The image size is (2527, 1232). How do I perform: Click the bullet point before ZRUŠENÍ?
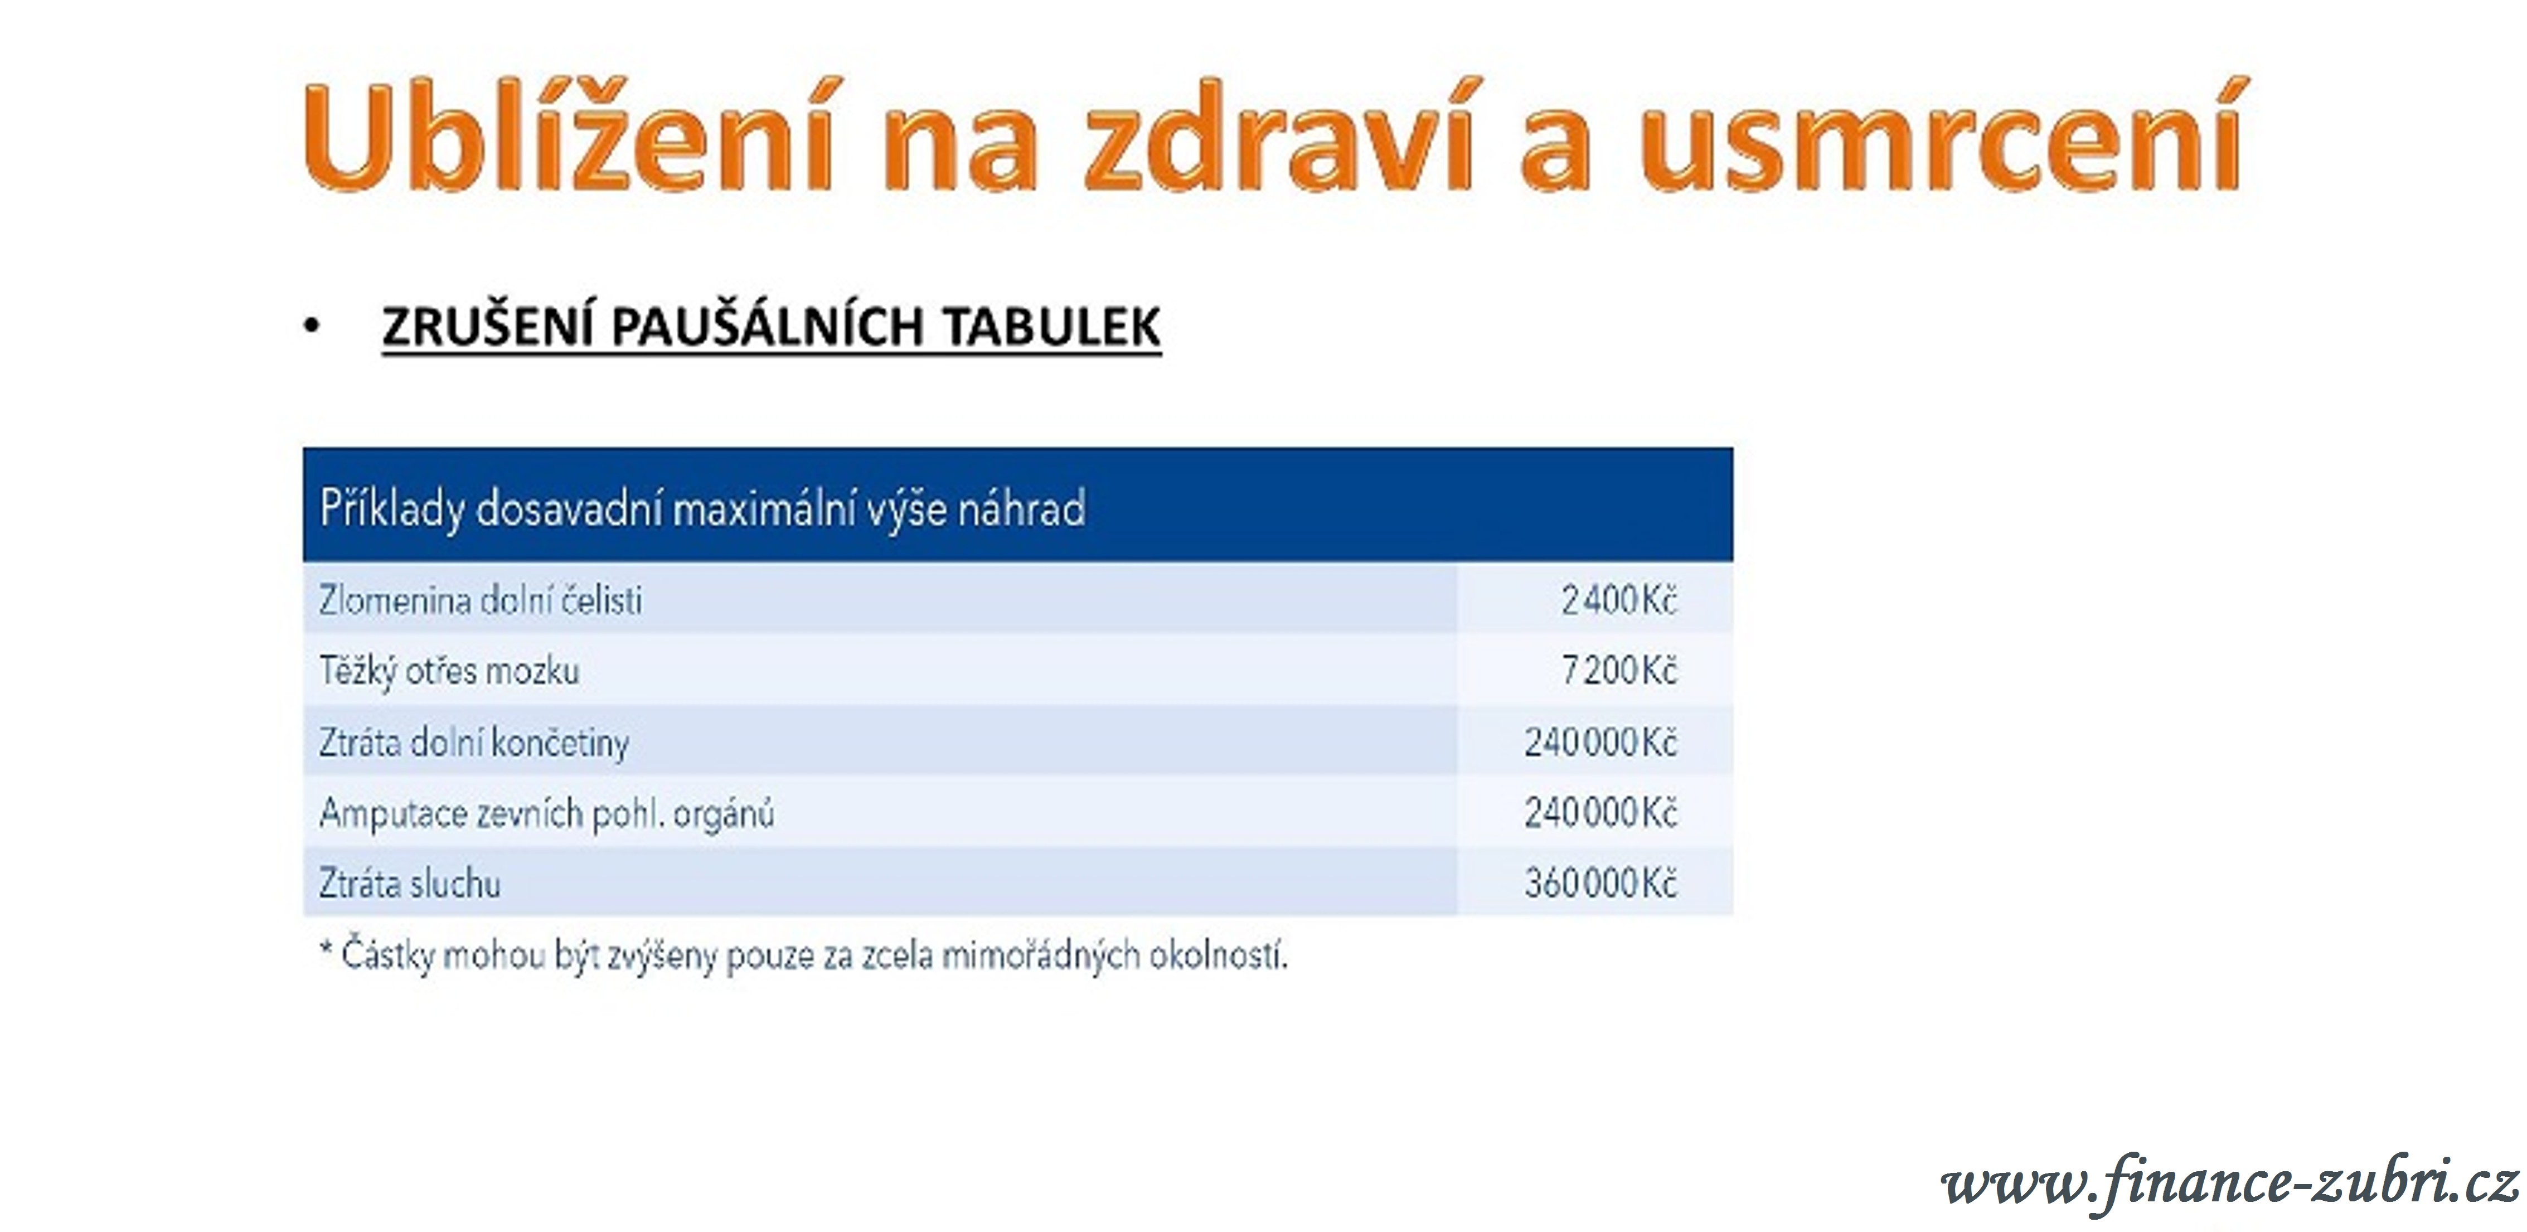(x=312, y=327)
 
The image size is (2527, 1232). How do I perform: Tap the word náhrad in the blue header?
(x=1021, y=508)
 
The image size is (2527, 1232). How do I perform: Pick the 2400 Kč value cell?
(x=1619, y=599)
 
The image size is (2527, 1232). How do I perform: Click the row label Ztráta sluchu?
(x=409, y=884)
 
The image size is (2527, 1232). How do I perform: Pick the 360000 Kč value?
(x=1600, y=884)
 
